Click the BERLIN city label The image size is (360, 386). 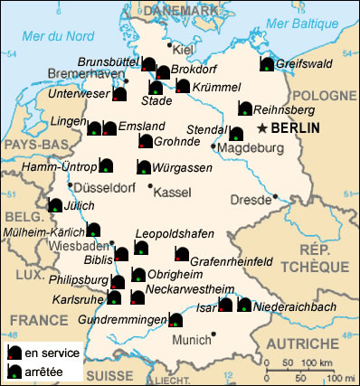pyautogui.click(x=296, y=128)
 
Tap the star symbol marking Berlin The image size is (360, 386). pyautogui.click(x=263, y=127)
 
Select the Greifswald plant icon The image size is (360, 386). pyautogui.click(x=267, y=63)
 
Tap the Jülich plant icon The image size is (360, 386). pyautogui.click(x=55, y=205)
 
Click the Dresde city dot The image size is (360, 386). pyautogui.click(x=274, y=195)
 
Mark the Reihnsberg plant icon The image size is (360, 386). pyautogui.click(x=245, y=108)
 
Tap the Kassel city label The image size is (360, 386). pyautogui.click(x=174, y=193)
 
